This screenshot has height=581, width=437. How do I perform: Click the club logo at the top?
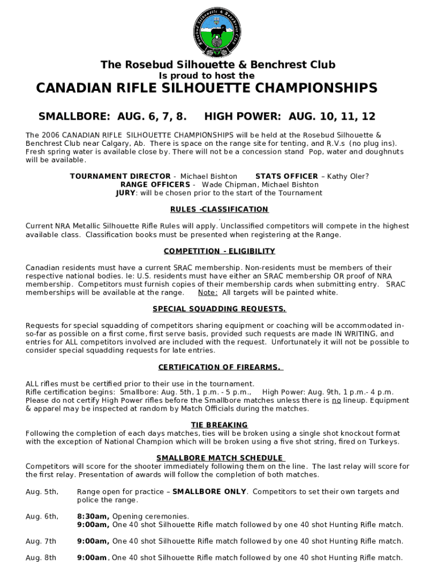(x=218, y=33)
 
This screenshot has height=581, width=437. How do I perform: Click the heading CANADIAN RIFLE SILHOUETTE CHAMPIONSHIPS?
(x=207, y=88)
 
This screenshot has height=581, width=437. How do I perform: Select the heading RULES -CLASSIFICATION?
(x=219, y=209)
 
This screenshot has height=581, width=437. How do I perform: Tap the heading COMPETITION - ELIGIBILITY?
(x=219, y=251)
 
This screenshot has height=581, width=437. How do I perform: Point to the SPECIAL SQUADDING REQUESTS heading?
(x=219, y=309)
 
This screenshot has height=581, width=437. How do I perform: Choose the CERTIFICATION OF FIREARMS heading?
(x=219, y=367)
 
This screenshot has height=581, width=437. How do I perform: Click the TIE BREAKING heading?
(x=219, y=424)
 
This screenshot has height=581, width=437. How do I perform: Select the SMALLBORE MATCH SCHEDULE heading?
(x=219, y=458)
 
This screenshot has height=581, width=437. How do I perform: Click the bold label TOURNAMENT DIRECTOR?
(x=120, y=176)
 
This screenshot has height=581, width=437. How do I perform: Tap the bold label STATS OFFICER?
(x=287, y=176)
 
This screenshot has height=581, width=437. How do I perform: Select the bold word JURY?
(x=125, y=193)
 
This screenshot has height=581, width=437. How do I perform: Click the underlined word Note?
(x=207, y=293)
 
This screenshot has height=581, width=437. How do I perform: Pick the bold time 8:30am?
(x=93, y=516)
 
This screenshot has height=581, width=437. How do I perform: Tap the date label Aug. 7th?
(x=41, y=541)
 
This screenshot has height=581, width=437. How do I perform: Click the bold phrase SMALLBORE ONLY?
(x=209, y=492)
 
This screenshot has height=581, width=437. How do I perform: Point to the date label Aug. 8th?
(x=41, y=558)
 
